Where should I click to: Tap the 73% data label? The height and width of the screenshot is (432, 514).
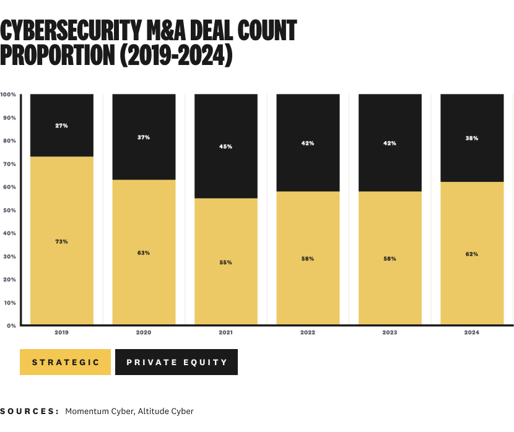[x=61, y=241]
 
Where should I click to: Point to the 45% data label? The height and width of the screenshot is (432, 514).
[x=225, y=147]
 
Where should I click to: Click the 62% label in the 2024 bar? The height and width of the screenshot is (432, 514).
[x=471, y=254]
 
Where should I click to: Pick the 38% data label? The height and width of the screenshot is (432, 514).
[x=471, y=138]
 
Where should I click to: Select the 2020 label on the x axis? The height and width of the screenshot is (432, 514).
[x=144, y=333]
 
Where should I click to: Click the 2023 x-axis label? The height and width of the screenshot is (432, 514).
[x=390, y=333]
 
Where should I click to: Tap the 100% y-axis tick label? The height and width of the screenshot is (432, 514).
[x=8, y=95]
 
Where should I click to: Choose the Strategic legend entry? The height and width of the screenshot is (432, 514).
[x=65, y=362]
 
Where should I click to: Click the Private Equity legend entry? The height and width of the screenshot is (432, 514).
[x=176, y=362]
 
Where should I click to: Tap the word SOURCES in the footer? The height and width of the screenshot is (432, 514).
[x=30, y=411]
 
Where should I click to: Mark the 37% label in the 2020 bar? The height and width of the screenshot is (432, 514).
[x=144, y=137]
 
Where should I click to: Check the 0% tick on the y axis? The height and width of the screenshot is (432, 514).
[x=12, y=326]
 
